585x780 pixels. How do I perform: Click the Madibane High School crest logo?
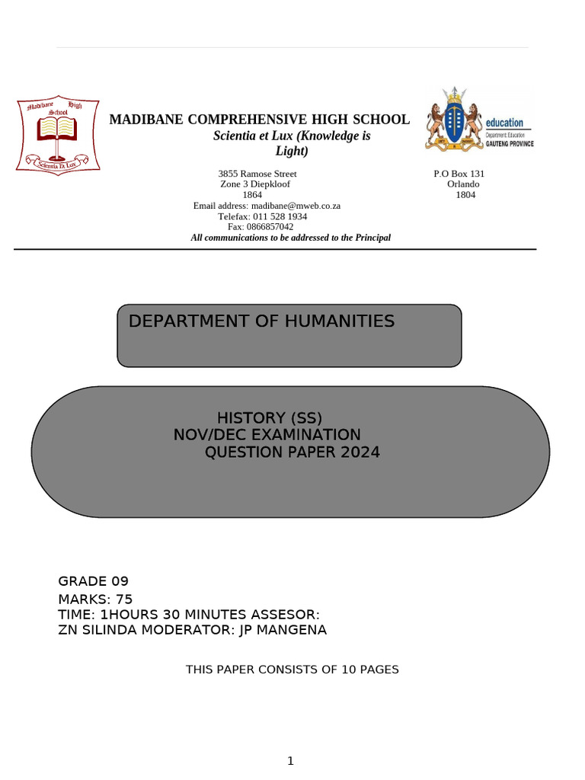pos(57,136)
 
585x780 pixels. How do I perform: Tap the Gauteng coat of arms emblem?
pos(454,117)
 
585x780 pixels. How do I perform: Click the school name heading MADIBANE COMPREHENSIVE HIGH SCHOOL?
pos(260,120)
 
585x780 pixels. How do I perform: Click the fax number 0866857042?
pos(270,227)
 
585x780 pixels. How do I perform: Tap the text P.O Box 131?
pos(459,174)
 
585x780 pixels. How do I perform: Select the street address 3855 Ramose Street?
pos(257,174)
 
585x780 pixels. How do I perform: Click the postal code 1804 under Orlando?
pos(465,195)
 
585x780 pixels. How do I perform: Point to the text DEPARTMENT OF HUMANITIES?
pos(261,321)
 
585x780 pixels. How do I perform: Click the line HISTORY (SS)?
pos(270,417)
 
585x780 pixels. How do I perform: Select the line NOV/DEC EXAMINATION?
pos(267,435)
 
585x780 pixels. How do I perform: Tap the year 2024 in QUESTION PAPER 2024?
pos(360,453)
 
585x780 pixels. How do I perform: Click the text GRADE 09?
pos(94,582)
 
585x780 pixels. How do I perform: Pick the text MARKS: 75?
pos(95,599)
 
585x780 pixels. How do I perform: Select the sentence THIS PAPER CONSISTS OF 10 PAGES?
pos(292,670)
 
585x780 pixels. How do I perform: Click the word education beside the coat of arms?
pos(504,123)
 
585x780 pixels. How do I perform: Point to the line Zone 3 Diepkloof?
pos(254,184)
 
